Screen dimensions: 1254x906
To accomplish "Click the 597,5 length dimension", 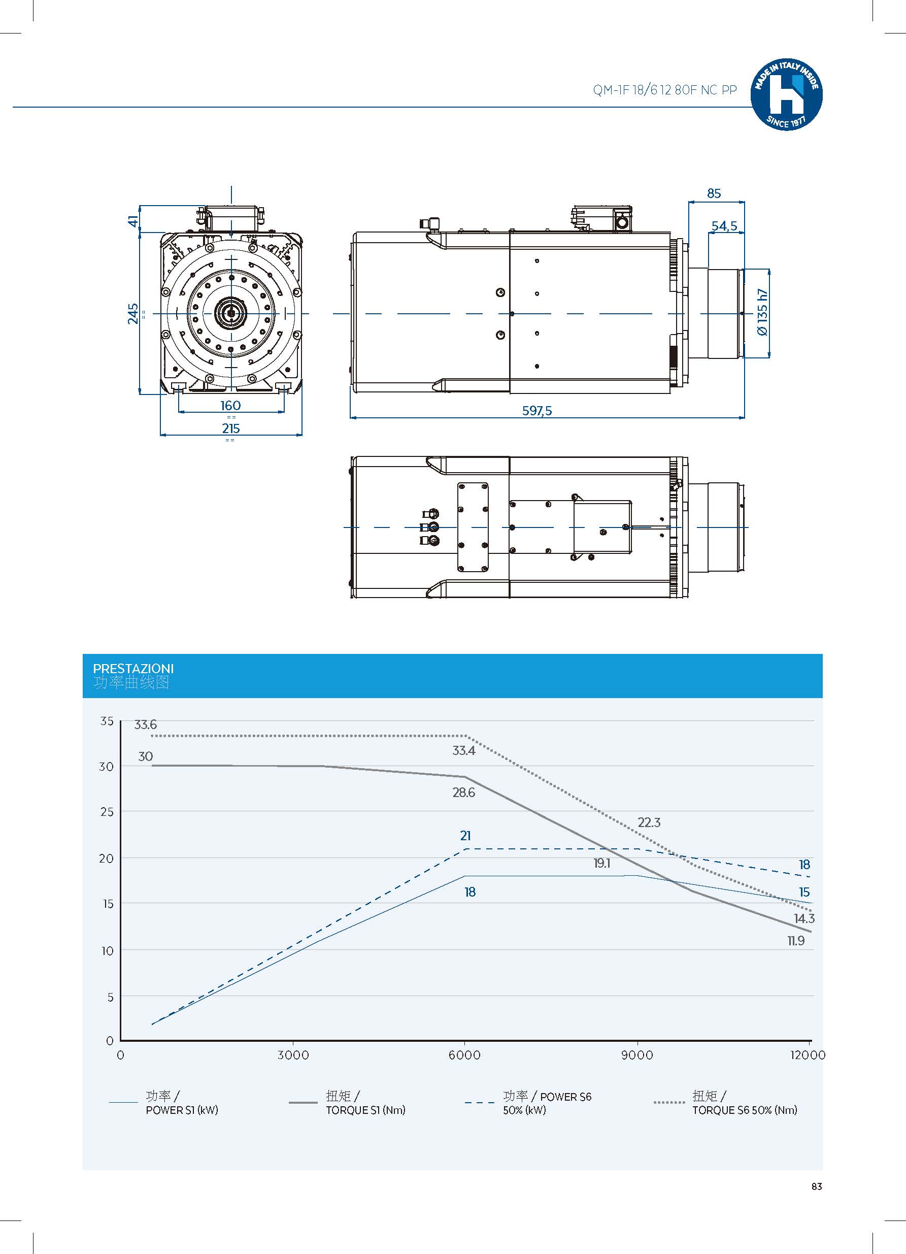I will [536, 410].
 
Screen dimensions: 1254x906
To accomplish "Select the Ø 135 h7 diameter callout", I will [763, 312].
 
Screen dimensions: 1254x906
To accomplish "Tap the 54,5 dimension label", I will [724, 225].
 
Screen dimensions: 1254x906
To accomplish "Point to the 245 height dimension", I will [133, 314].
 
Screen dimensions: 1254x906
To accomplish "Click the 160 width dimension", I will [230, 405].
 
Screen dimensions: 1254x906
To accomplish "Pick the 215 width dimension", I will [230, 428].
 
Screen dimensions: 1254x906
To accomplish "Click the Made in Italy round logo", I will [786, 95].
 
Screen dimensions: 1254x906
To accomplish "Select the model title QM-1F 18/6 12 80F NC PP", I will [664, 90].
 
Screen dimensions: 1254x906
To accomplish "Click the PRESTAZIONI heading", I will [133, 669].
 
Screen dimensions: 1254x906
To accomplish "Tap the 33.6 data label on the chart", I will [145, 724].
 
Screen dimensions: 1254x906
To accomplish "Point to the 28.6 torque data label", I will [464, 793].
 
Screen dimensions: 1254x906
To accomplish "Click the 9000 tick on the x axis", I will [637, 1055].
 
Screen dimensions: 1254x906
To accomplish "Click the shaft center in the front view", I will [231, 314].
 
